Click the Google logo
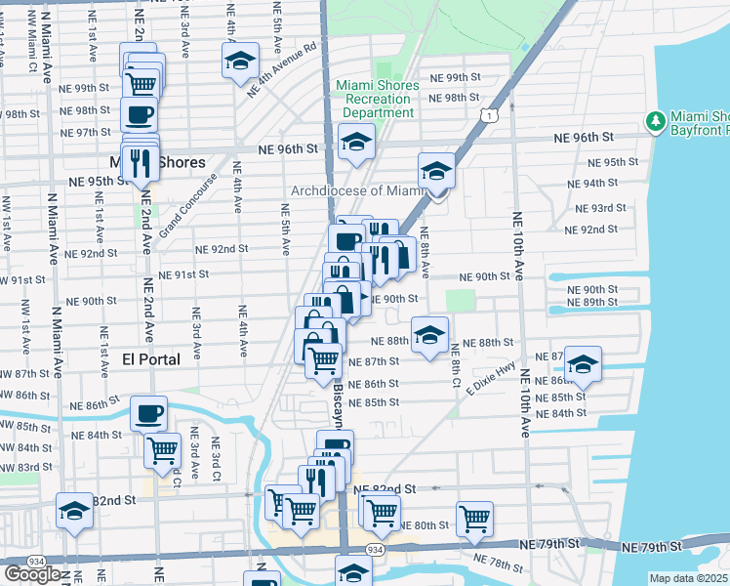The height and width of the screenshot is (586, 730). (x=32, y=574)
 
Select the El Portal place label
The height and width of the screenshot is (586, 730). (x=151, y=359)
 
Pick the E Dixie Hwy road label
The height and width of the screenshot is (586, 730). (x=490, y=380)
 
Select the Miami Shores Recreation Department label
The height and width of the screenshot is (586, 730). (x=378, y=99)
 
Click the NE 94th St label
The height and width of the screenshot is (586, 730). (x=594, y=183)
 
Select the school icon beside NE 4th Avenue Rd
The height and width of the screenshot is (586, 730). (x=240, y=61)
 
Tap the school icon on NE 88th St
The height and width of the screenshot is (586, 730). (x=429, y=334)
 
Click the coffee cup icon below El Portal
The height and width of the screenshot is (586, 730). (x=148, y=413)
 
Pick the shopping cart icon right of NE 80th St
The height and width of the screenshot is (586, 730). (x=474, y=519)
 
